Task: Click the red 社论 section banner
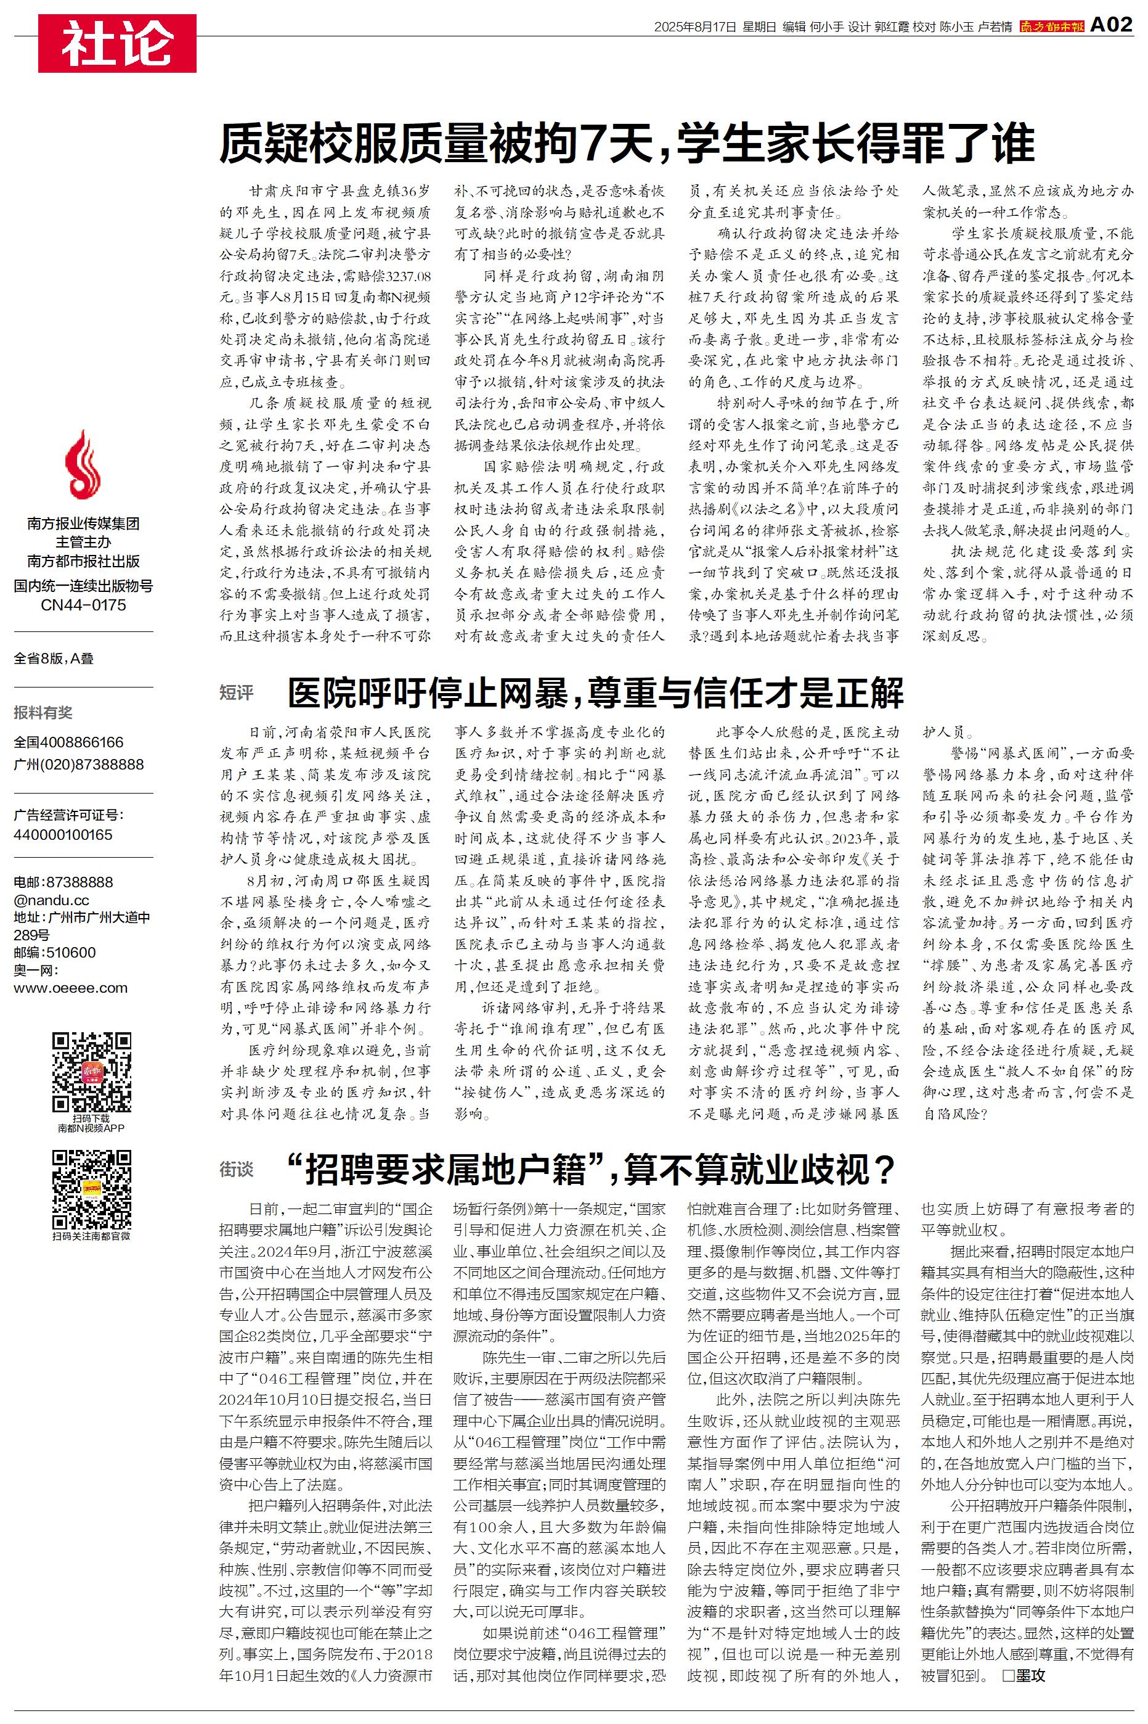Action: coord(117,43)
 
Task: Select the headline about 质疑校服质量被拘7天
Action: coord(627,144)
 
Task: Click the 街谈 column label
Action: coord(236,1170)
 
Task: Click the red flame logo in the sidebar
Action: coord(83,465)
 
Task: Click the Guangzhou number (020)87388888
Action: coord(78,765)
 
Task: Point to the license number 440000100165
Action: coord(63,835)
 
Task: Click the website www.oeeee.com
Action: coord(70,988)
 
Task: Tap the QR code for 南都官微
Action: coord(92,1189)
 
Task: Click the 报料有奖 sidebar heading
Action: coord(43,713)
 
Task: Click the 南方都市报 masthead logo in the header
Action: coord(1051,27)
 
